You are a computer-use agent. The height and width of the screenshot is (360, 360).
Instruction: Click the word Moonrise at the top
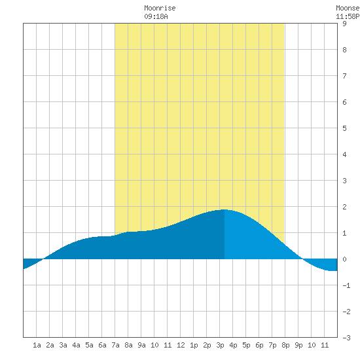click(160, 8)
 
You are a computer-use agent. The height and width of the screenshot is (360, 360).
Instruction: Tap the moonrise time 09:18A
click(156, 16)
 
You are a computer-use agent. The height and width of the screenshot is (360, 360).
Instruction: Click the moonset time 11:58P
click(348, 16)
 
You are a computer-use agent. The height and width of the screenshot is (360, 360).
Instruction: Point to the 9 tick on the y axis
click(344, 24)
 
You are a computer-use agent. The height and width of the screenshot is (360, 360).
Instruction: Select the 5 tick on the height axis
click(344, 128)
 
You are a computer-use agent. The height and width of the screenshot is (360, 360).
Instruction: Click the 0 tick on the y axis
click(344, 259)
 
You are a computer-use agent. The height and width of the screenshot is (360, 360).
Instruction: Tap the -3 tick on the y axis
click(346, 338)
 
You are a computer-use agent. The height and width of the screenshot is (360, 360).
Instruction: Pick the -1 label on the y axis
click(346, 285)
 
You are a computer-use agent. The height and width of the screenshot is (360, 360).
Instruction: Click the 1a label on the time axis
click(37, 345)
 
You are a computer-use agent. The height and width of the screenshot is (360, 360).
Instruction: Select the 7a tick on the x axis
click(115, 345)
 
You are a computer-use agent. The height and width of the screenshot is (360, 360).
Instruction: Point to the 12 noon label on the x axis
click(181, 345)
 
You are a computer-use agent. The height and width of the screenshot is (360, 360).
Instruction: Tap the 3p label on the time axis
click(220, 345)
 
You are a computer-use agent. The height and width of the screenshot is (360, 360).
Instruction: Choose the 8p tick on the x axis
click(285, 345)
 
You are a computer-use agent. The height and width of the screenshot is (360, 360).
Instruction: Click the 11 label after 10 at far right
click(325, 345)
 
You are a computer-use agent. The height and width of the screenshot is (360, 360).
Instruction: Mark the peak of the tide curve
click(225, 209)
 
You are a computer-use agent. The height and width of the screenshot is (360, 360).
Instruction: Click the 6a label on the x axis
click(102, 345)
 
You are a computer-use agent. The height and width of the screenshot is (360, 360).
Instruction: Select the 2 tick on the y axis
click(344, 207)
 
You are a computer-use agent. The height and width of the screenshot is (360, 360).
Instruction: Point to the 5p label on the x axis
click(246, 345)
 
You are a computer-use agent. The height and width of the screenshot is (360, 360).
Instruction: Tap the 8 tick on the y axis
click(344, 50)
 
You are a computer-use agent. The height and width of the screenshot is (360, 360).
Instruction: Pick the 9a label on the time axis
click(141, 345)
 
